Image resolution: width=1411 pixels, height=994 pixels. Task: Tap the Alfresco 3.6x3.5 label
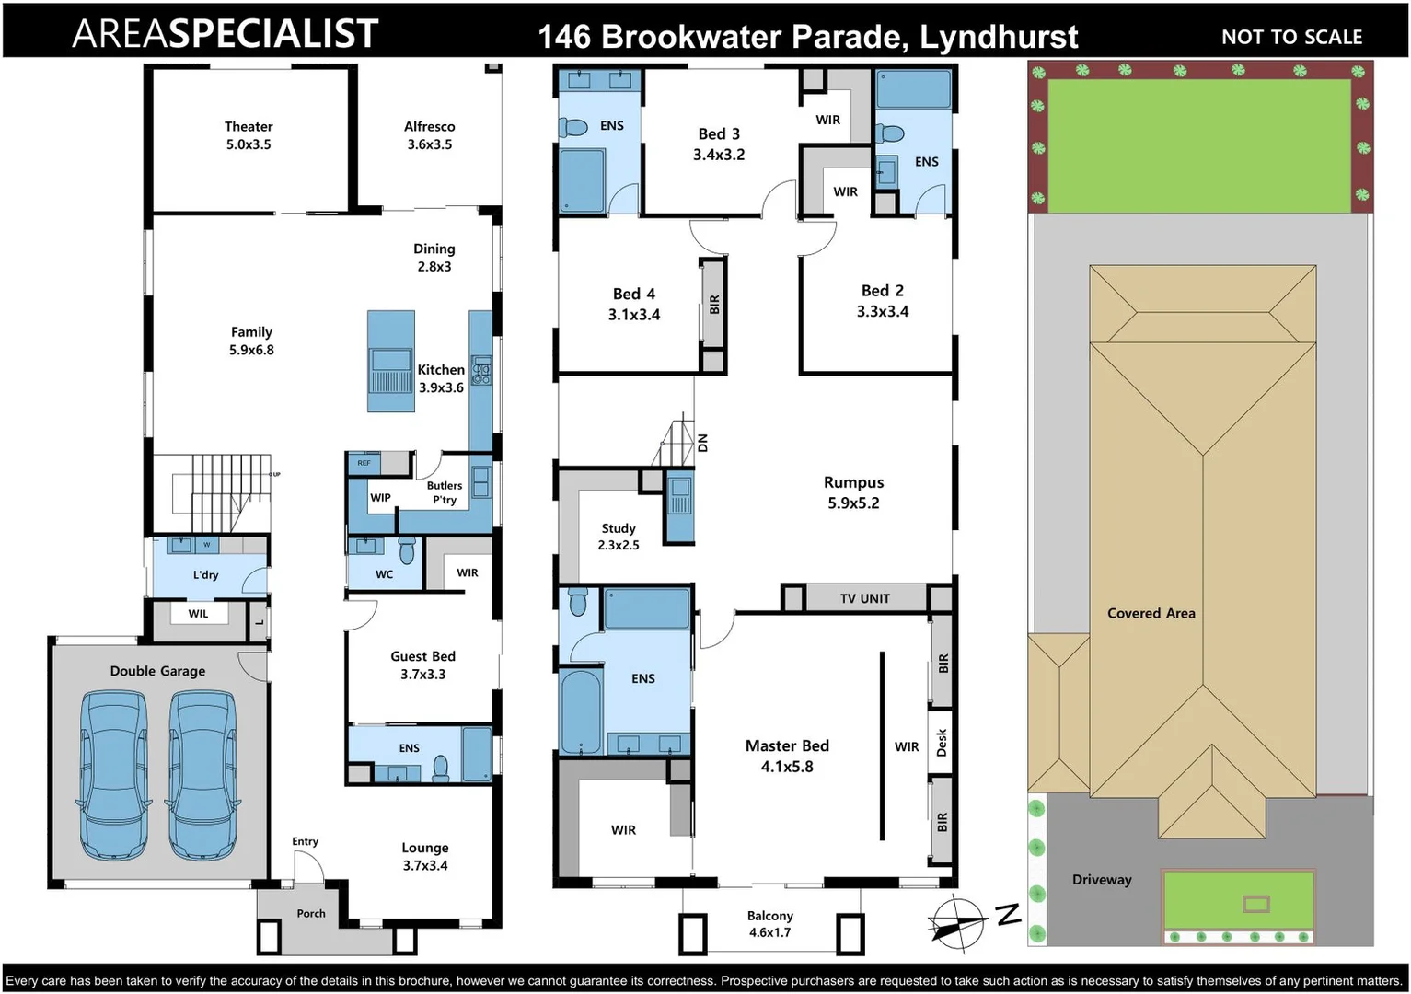click(430, 135)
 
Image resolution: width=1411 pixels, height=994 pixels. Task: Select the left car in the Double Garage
click(113, 775)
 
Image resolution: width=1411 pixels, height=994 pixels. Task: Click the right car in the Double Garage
click(202, 775)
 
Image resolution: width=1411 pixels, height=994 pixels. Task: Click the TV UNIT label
click(864, 598)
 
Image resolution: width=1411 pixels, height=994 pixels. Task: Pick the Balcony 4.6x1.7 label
click(770, 924)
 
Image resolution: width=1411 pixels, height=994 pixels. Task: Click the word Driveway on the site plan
click(1102, 880)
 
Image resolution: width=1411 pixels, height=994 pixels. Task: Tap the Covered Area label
click(1151, 613)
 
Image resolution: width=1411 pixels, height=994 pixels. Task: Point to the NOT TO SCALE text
click(1291, 37)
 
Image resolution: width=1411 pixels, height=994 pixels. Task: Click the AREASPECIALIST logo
click(226, 34)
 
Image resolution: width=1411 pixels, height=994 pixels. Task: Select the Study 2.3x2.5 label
click(619, 537)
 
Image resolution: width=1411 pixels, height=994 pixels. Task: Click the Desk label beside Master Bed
click(942, 742)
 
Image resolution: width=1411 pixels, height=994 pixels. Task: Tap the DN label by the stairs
click(703, 443)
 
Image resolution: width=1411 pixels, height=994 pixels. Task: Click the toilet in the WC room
click(407, 551)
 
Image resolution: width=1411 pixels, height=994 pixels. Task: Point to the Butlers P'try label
click(445, 492)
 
